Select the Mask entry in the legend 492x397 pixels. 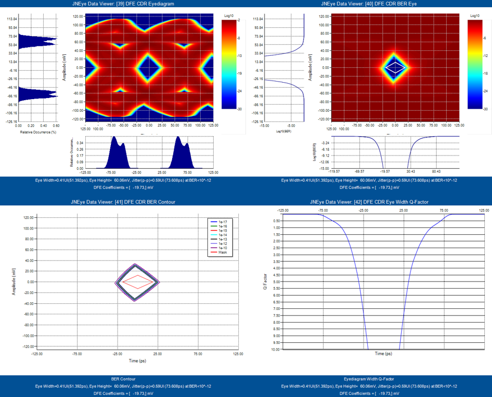tap(223, 252)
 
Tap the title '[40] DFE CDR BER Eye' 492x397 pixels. tap(369, 3)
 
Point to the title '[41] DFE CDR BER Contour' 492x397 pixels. tap(123, 202)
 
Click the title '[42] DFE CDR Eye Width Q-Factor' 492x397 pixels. tap(369, 202)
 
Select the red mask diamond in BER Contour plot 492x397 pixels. tap(137, 281)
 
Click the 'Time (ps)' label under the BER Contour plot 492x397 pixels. tap(137, 361)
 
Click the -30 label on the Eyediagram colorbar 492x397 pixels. tap(240, 109)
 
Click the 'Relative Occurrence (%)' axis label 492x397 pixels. tap(38, 132)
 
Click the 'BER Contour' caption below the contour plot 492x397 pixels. tap(123, 378)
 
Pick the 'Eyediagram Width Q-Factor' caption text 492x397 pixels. tap(369, 378)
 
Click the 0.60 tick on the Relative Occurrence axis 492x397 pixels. tap(56, 125)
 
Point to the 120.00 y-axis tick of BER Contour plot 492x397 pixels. tap(28, 217)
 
